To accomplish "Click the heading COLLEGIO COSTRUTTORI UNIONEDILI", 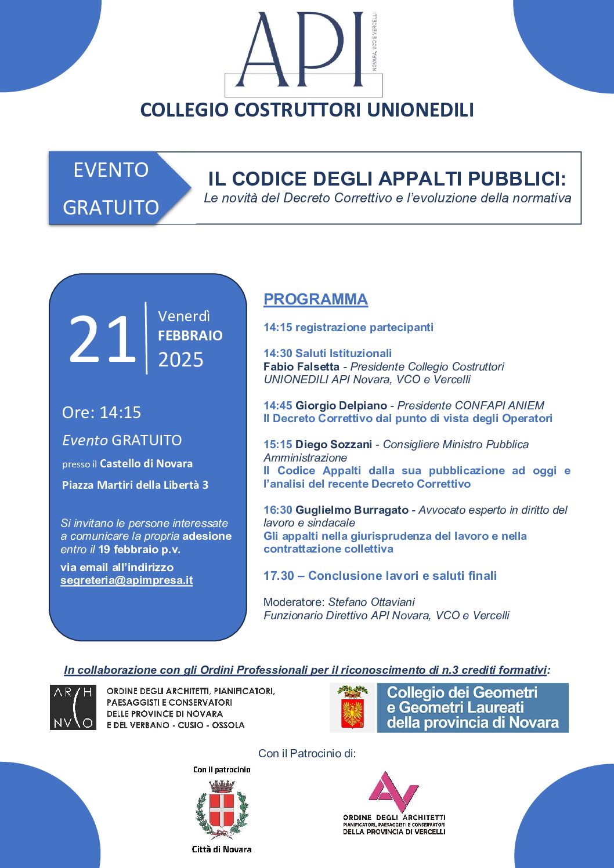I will [307, 110].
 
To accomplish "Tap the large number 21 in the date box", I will [102, 340].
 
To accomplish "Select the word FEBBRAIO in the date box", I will [190, 336].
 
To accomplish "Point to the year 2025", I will [180, 360].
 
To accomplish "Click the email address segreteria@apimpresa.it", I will [127, 580].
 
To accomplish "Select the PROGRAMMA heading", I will [316, 299].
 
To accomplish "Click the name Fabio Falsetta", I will [301, 366].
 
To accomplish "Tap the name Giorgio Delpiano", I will [341, 405].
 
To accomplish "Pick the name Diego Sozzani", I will [334, 444].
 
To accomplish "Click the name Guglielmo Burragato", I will [352, 510].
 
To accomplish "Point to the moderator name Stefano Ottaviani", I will [371, 602].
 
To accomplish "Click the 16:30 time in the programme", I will [277, 510].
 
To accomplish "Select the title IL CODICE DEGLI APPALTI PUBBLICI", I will [387, 179].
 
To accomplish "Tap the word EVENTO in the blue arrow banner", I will [111, 170].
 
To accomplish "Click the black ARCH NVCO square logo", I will [73, 707].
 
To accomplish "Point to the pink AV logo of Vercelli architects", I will [393, 792].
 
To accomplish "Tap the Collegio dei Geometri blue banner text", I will [472, 707].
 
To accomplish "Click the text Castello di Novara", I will [146, 464].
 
